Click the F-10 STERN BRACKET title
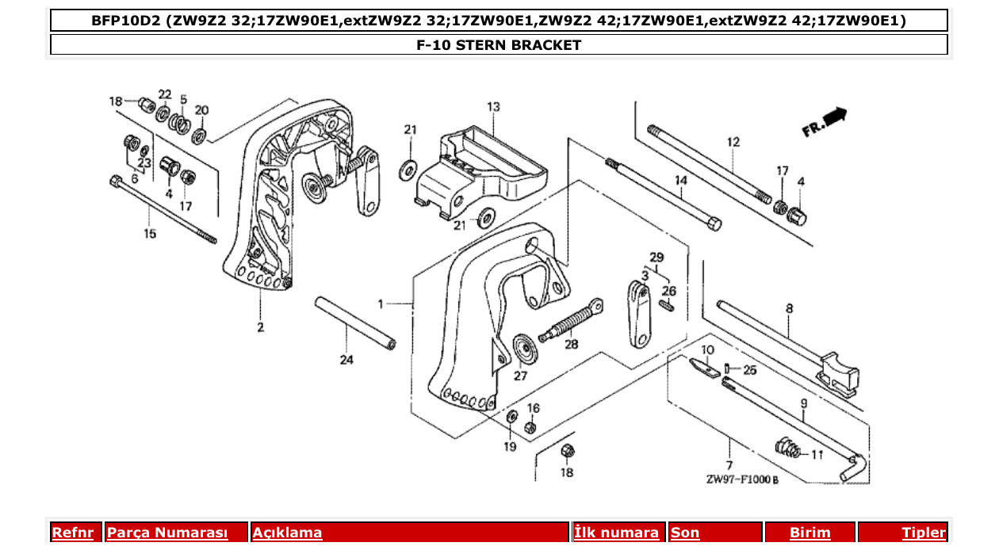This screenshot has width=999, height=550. [x=499, y=45]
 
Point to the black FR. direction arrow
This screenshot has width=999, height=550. [x=834, y=117]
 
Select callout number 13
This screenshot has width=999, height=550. [x=493, y=106]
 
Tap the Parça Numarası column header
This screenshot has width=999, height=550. [x=167, y=533]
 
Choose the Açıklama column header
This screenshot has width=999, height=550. [x=287, y=533]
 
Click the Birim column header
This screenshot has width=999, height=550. [x=810, y=533]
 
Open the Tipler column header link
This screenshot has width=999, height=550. [x=923, y=533]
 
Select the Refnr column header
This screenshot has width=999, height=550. [x=72, y=533]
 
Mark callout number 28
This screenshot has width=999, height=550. [x=571, y=344]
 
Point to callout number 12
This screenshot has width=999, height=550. [x=733, y=142]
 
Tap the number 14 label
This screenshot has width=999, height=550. [x=680, y=181]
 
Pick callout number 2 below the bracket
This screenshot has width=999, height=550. [x=260, y=327]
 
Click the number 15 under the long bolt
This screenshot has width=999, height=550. [x=150, y=234]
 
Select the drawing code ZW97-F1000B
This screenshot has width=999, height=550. [x=742, y=479]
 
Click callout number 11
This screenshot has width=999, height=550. [x=817, y=455]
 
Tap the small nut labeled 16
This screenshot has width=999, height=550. [x=530, y=428]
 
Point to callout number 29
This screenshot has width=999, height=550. [x=656, y=258]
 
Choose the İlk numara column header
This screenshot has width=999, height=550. [x=616, y=533]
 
